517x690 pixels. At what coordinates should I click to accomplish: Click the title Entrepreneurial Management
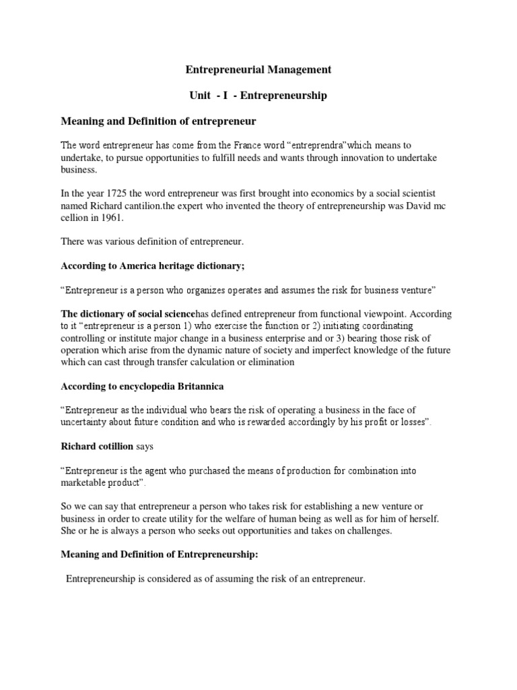[x=258, y=69]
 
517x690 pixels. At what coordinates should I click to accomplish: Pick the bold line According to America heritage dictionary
[x=153, y=266]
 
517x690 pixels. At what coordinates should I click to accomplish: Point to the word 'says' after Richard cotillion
[x=145, y=446]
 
